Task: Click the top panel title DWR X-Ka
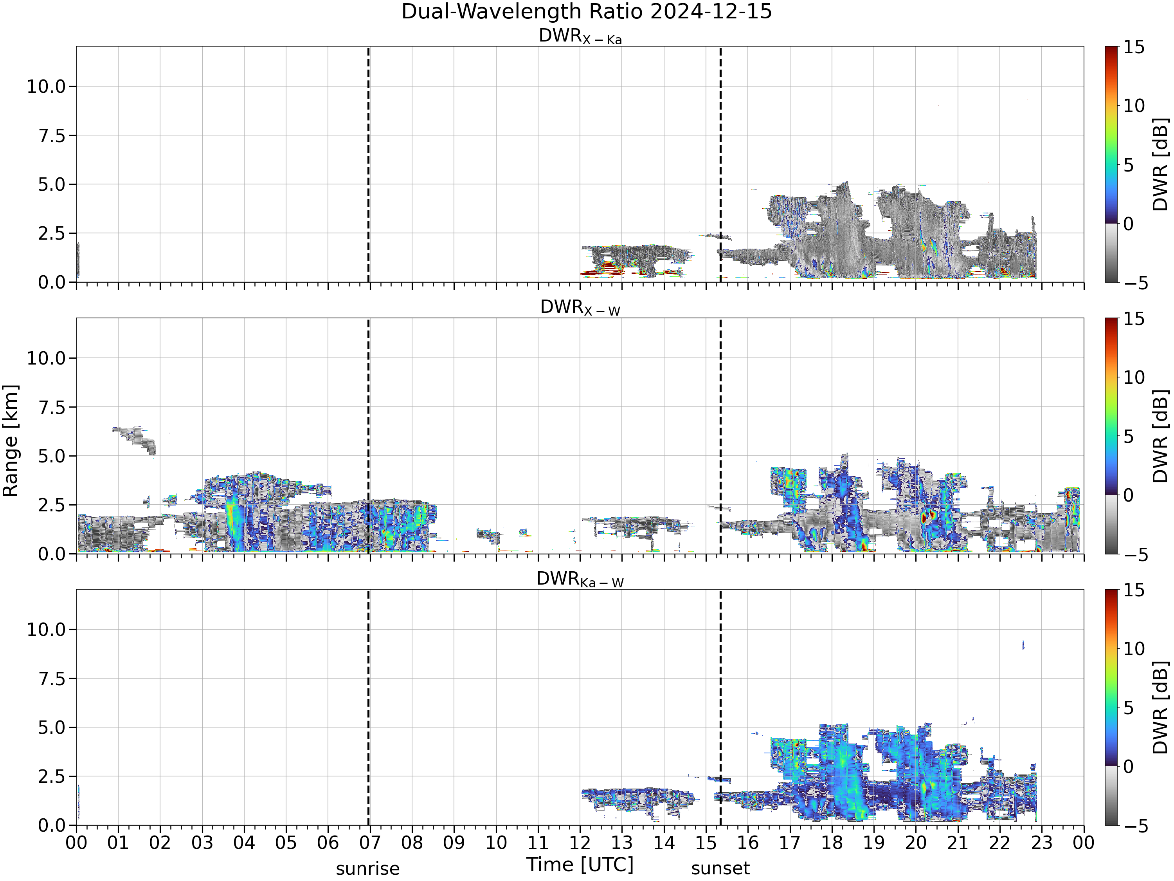(x=580, y=36)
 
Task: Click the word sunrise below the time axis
(x=368, y=869)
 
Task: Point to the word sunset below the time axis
(x=720, y=869)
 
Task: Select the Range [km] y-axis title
(x=10, y=441)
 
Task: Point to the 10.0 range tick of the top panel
(x=46, y=87)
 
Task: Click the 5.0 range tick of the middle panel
(x=52, y=456)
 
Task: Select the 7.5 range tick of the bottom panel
(x=52, y=679)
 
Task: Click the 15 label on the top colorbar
(x=1134, y=47)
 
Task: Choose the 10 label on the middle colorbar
(x=1134, y=377)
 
